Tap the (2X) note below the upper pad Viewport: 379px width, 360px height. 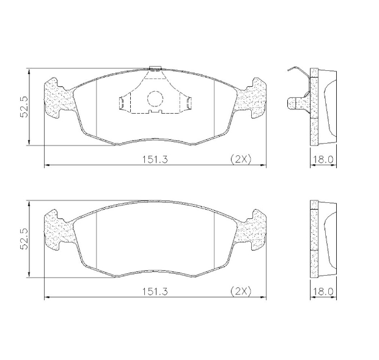coord(240,159)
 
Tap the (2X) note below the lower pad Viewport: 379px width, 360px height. coord(240,292)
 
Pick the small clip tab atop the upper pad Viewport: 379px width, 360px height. coord(155,70)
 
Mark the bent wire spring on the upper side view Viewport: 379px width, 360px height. coord(296,72)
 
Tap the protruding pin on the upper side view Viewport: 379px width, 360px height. coord(296,101)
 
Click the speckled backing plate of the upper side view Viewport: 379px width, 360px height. coord(314,107)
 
